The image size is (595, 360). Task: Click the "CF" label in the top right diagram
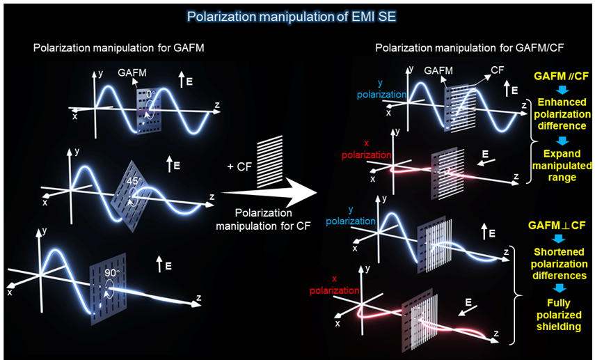(497, 70)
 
